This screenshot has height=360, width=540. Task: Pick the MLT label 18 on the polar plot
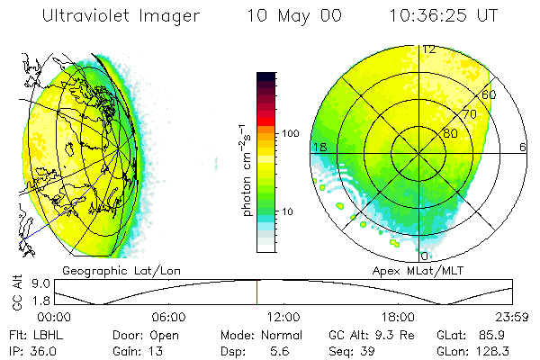coord(318,146)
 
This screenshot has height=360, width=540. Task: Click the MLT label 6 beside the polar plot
coord(523,146)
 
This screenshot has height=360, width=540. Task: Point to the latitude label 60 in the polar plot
coord(490,94)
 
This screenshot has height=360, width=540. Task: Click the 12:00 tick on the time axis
coord(283,317)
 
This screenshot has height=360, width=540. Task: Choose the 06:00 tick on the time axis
coord(169,317)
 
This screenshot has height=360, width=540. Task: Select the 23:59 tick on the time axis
coord(514,317)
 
